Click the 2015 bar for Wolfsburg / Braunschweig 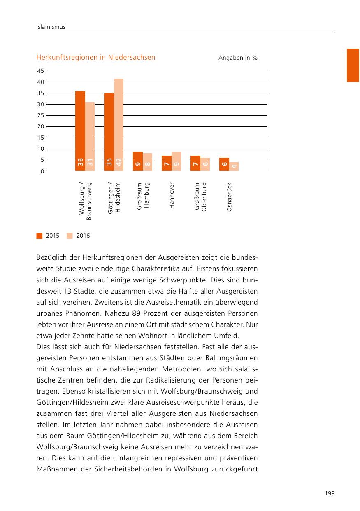tap(80, 131)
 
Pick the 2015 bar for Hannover tap(167, 163)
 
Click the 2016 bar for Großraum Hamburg tap(147, 162)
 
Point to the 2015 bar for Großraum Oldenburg tap(195, 163)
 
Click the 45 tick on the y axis tap(40, 71)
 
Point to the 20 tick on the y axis tap(40, 126)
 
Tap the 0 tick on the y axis tap(42, 171)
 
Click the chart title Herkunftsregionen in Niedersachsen tap(96, 58)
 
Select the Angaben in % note tap(238, 58)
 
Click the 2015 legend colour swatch tap(39, 236)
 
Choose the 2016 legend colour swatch tap(70, 236)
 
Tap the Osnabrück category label tap(230, 197)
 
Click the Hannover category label tap(172, 196)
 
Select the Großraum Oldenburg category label tap(201, 197)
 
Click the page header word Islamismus tap(51, 27)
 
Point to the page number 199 tap(330, 493)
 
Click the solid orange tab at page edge tap(353, 65)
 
